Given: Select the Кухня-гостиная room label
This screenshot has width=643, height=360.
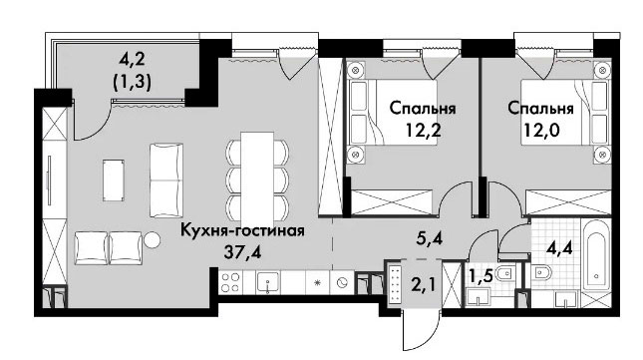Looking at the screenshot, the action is click(243, 230).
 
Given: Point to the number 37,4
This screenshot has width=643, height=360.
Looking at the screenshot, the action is click(242, 251).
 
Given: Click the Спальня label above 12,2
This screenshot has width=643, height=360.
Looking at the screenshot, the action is click(423, 109).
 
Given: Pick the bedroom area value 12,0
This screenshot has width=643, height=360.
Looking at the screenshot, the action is click(541, 130).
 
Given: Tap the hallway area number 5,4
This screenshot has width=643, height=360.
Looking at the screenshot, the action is click(429, 237).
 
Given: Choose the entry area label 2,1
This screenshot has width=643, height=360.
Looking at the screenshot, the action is click(422, 284).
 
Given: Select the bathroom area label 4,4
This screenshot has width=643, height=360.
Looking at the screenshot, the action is click(559, 247).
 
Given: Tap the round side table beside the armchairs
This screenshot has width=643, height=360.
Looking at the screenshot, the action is click(152, 240).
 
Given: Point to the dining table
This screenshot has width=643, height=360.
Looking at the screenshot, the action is click(257, 177).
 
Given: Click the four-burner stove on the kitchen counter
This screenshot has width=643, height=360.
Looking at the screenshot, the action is click(230, 282).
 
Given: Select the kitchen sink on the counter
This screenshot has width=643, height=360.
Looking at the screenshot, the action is click(268, 283).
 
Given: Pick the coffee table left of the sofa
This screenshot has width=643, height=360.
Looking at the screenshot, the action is click(114, 180).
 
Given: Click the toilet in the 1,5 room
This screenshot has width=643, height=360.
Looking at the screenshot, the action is click(505, 273).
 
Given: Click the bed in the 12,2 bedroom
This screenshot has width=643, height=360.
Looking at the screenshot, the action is click(393, 112).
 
